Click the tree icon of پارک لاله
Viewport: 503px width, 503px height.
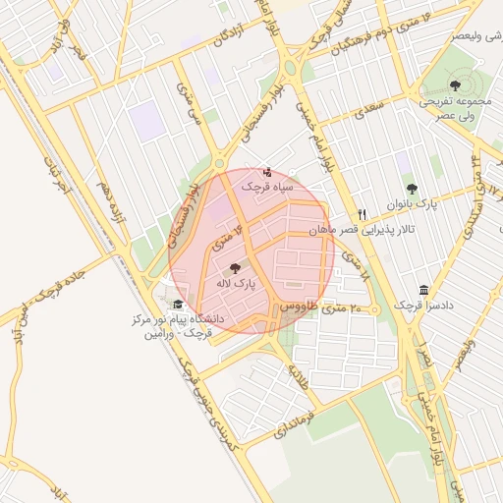point(234,267)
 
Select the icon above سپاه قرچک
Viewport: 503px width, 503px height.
point(268,173)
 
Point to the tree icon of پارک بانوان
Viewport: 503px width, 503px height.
point(411,189)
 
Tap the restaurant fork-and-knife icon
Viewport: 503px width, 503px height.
point(362,214)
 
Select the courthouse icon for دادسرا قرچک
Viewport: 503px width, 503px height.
point(423,291)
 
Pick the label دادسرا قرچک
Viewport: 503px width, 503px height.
point(423,307)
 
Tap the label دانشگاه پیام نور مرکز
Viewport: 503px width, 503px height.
point(171,320)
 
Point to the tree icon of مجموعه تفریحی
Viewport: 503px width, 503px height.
point(454,85)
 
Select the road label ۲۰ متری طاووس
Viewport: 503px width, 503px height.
point(322,308)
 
